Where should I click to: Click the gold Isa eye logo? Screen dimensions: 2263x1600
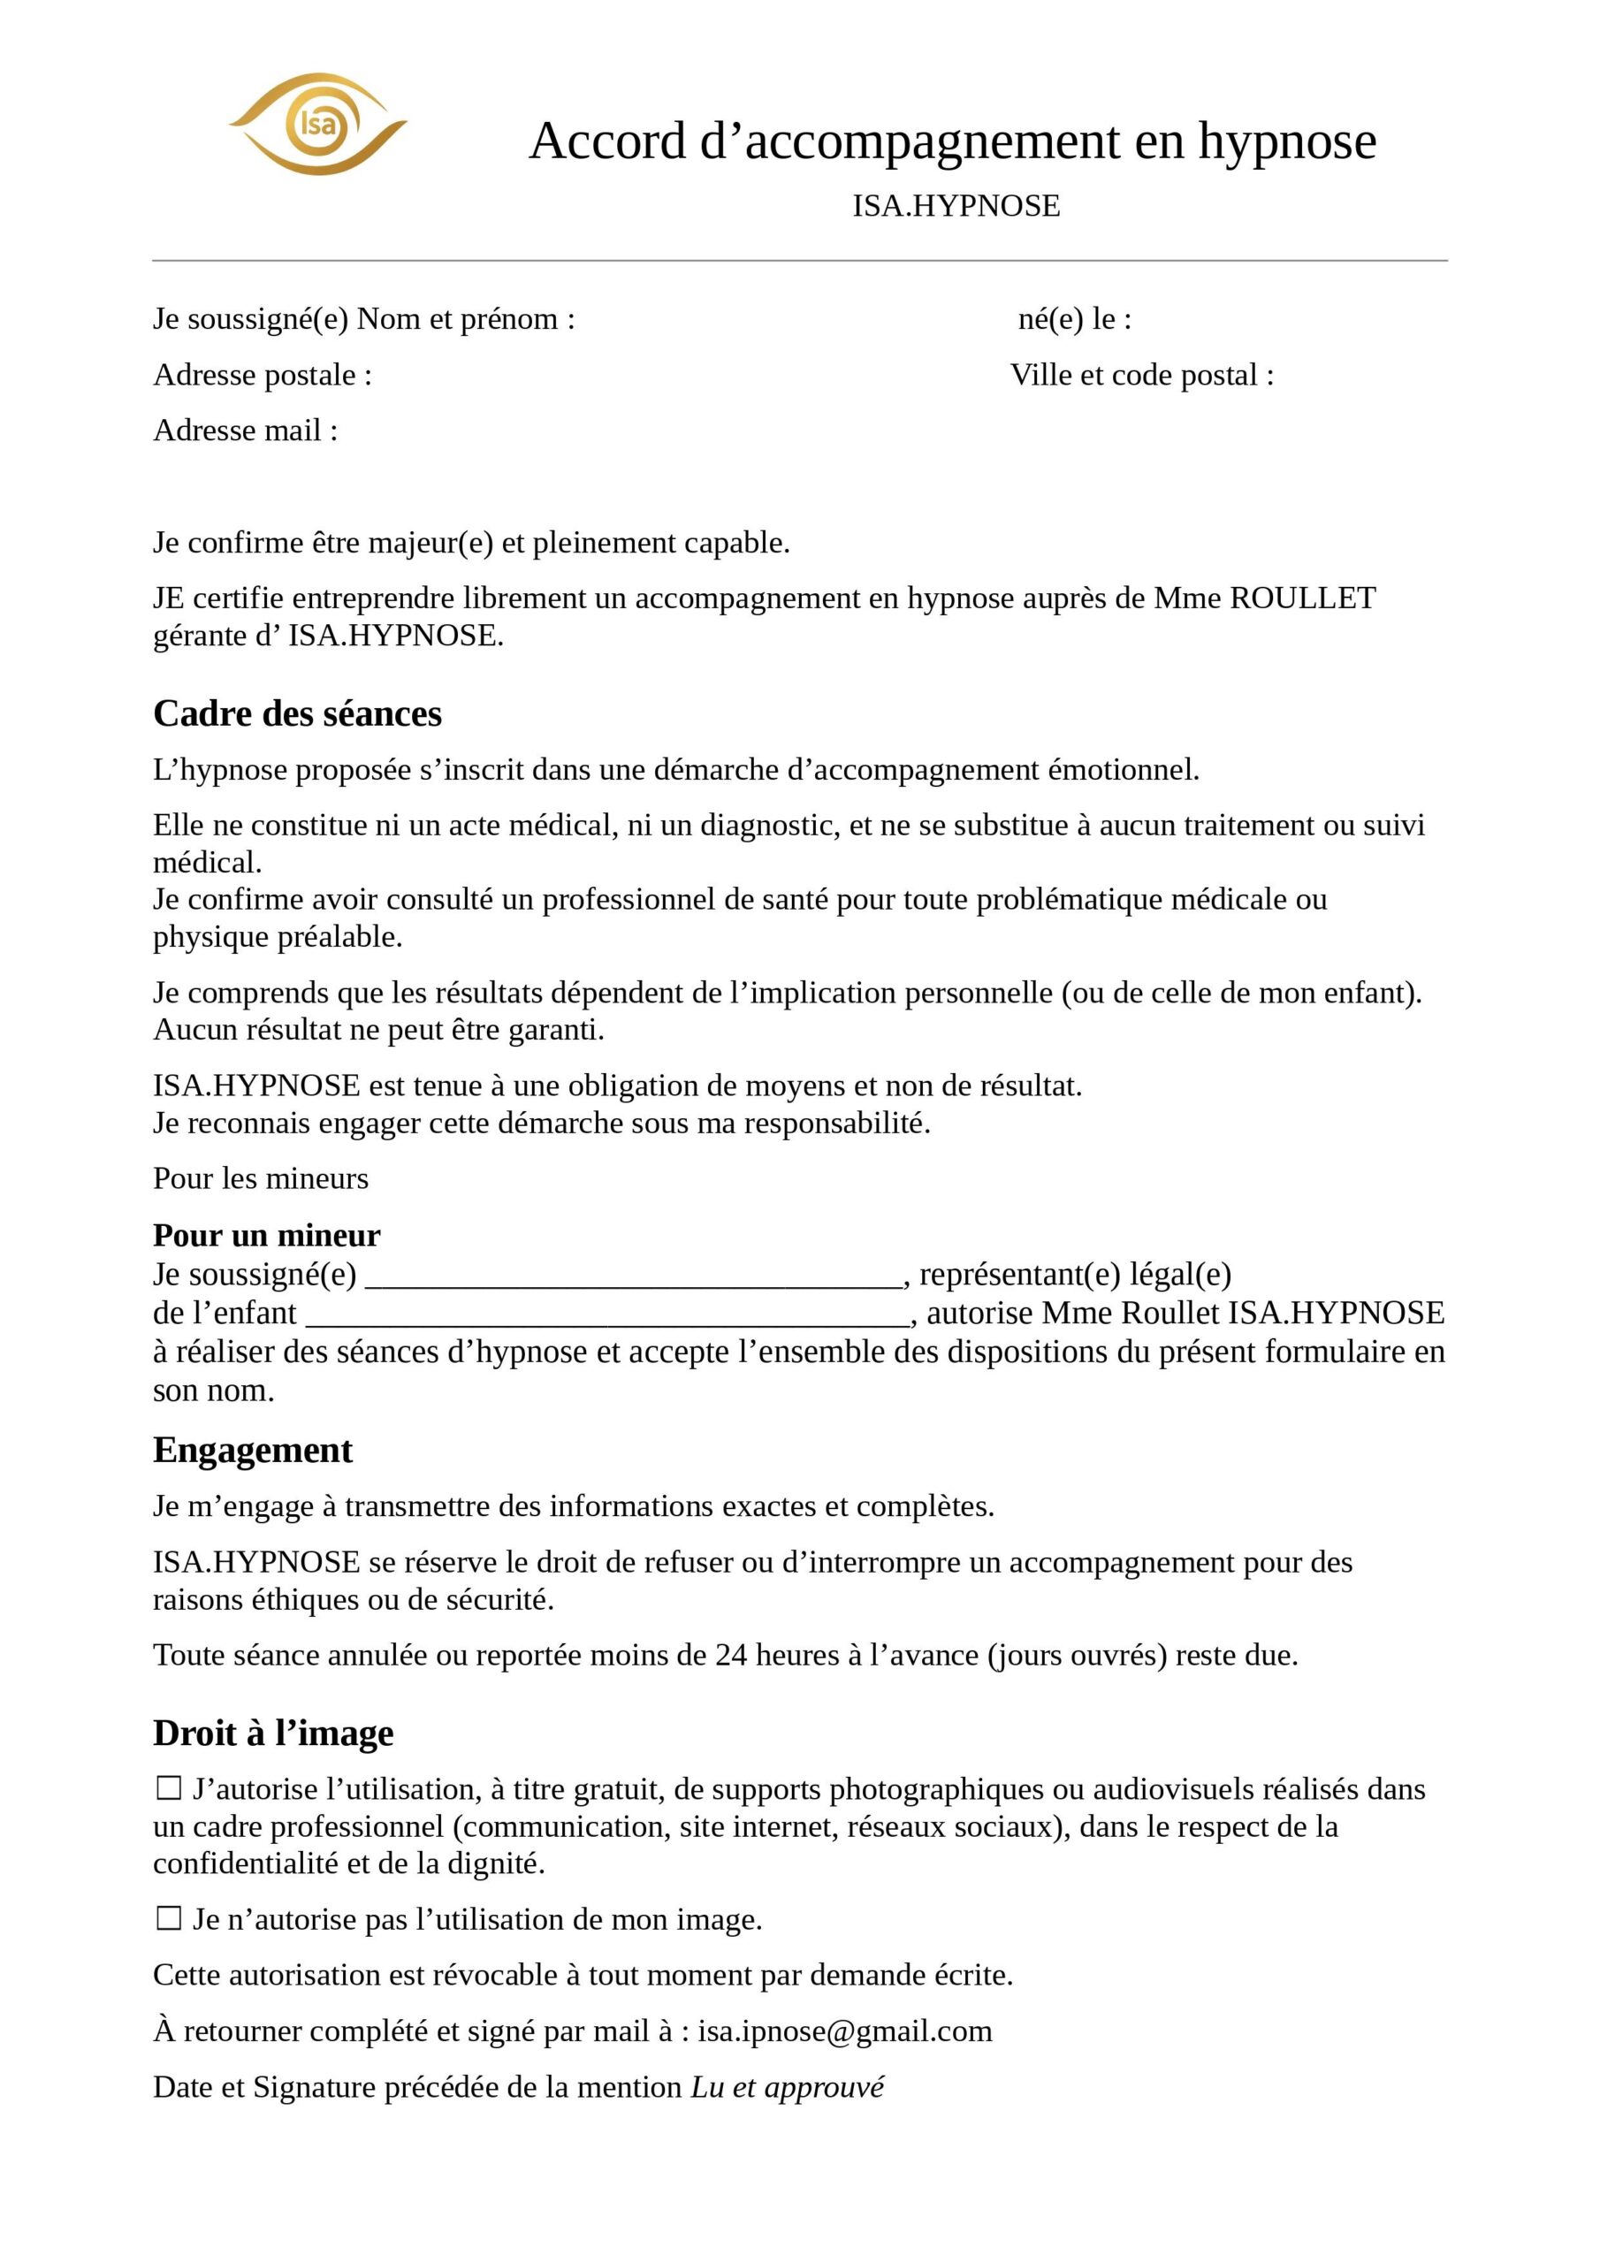(317, 124)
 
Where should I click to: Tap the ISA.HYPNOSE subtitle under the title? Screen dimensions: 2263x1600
(956, 206)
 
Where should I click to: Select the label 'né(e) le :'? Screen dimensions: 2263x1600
(1075, 318)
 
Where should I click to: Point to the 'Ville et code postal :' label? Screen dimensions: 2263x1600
(1141, 375)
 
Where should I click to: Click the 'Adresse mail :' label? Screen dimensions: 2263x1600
(246, 430)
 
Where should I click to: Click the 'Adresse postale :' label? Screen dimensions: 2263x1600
(263, 375)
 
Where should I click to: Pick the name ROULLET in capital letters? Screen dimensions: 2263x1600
(1302, 598)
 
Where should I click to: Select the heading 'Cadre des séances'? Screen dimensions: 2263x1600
(297, 712)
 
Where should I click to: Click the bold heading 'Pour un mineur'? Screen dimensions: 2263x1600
(266, 1234)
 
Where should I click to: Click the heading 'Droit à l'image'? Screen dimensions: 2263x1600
(273, 1732)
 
